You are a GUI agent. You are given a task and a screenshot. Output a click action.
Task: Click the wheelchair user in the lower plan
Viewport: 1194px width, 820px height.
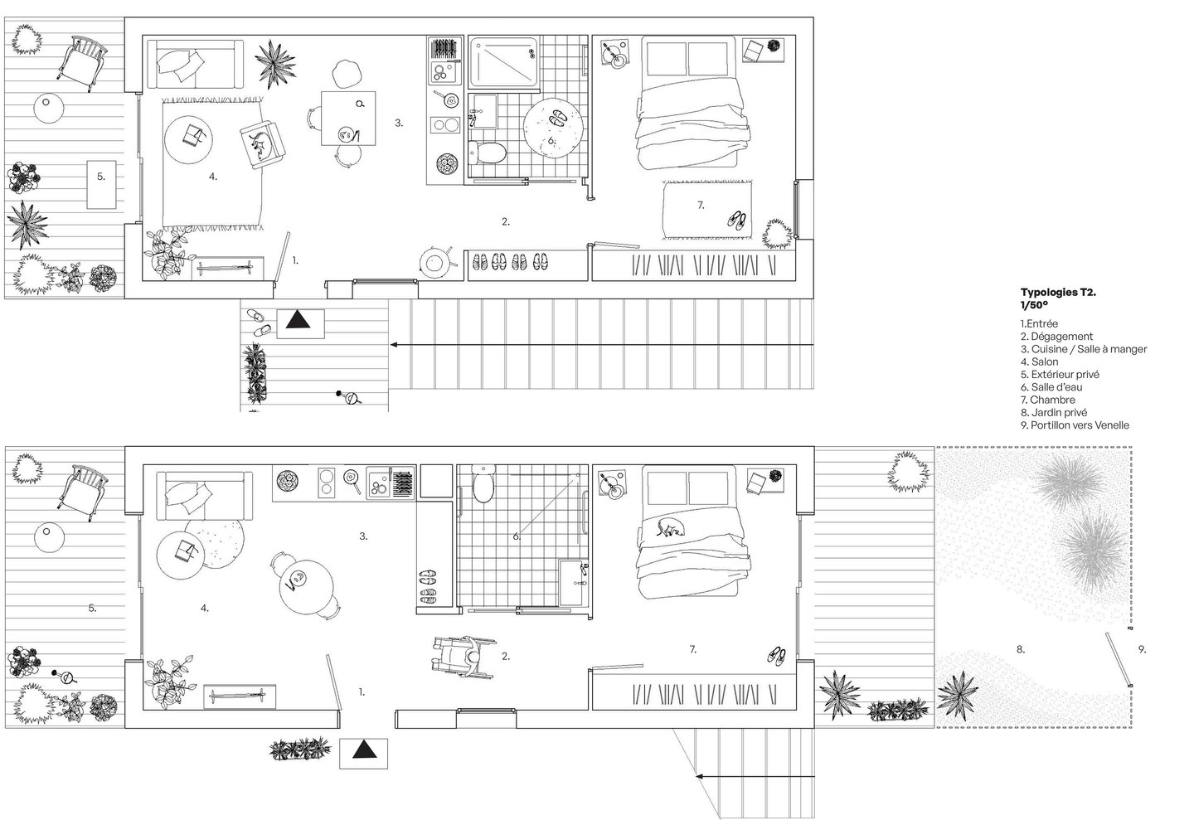coord(463,657)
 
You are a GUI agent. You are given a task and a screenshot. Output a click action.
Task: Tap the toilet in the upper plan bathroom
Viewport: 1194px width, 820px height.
coord(488,153)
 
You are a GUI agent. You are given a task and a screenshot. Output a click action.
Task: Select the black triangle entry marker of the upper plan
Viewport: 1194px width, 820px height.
coord(298,320)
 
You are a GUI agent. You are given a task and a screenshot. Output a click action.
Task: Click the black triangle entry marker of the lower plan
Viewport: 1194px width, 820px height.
coord(365,749)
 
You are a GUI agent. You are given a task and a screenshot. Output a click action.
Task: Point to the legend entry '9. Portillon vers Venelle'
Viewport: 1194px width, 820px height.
coord(1075,425)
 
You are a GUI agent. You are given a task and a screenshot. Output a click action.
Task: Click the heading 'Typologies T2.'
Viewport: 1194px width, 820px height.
coord(1058,292)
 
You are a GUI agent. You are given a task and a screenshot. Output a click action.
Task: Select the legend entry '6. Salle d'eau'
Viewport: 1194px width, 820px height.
coord(1051,387)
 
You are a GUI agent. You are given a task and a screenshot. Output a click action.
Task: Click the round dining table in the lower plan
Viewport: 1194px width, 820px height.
coord(306,585)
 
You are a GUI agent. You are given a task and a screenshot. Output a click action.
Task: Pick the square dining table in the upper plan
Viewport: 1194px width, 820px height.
coord(348,119)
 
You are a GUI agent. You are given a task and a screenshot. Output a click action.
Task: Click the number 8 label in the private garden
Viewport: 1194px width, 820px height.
coord(1020,649)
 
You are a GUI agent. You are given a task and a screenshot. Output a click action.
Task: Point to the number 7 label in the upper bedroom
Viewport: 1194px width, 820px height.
coord(701,206)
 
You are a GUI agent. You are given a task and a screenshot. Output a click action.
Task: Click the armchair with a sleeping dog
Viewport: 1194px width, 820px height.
coord(262,145)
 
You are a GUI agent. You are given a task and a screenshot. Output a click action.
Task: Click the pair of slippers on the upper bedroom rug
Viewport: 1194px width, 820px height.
coord(737,221)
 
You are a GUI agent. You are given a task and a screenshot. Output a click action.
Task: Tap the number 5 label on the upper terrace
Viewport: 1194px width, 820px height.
coord(101,177)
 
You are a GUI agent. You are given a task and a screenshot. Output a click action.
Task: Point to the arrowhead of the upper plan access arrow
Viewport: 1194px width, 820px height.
coord(393,345)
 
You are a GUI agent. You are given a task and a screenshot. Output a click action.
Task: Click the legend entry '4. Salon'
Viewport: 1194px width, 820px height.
coord(1040,361)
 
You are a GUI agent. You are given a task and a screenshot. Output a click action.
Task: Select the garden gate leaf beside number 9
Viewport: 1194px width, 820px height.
coord(1118,659)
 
